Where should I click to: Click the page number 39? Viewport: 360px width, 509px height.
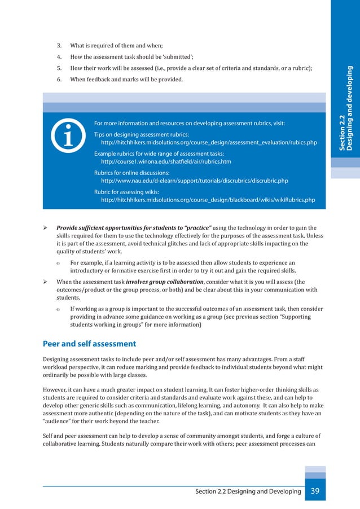315,491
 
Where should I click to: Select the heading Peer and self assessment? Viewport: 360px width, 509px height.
89,343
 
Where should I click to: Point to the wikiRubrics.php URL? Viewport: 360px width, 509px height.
207,200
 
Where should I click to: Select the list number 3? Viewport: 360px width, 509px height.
59,45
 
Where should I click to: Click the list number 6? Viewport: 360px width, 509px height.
59,80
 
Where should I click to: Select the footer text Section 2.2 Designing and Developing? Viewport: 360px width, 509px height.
248,492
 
